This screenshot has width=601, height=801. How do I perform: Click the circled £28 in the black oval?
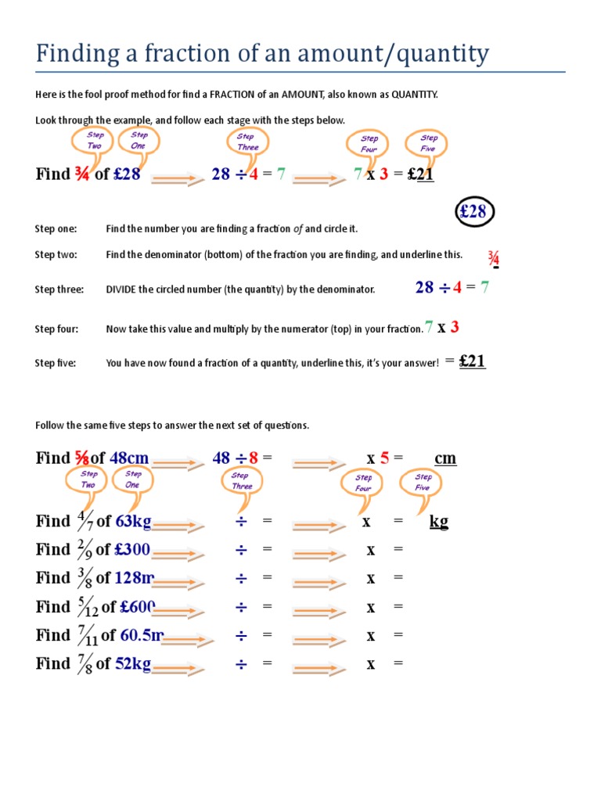tap(473, 212)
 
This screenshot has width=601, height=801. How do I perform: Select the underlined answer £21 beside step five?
tap(472, 361)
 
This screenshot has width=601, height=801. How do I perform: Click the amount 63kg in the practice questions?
tap(133, 521)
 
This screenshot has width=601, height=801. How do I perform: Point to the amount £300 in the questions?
tap(132, 549)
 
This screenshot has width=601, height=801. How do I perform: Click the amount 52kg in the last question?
tap(133, 663)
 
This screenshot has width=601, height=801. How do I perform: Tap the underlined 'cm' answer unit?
tap(445, 458)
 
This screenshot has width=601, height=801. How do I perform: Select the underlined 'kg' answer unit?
tap(439, 521)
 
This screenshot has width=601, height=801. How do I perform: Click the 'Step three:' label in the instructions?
tap(59, 289)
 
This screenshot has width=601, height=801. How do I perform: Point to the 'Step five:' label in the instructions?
tap(56, 363)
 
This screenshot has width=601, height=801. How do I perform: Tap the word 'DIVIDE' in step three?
tap(123, 289)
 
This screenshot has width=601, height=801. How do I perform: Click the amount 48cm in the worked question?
tap(129, 458)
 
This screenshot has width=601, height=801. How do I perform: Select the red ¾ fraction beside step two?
tap(493, 259)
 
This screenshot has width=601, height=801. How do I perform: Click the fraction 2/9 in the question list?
tap(83, 549)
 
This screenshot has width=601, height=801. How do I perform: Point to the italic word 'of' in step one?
tap(298, 228)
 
